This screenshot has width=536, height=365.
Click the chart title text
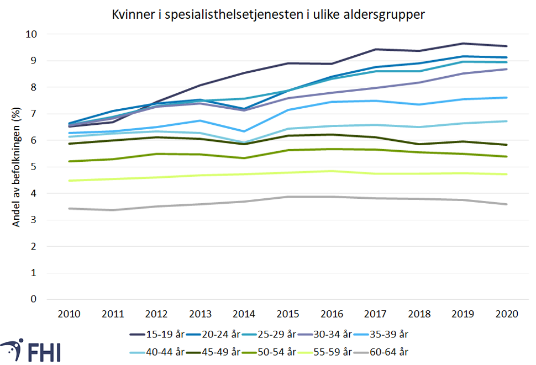pyautogui.click(x=268, y=15)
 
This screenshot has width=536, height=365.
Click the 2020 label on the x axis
pyautogui.click(x=506, y=314)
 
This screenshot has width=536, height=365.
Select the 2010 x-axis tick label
pyautogui.click(x=69, y=314)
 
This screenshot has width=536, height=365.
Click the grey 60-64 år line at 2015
pyautogui.click(x=288, y=197)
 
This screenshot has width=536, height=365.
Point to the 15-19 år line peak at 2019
pyautogui.click(x=463, y=44)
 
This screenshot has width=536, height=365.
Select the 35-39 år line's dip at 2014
pyautogui.click(x=244, y=131)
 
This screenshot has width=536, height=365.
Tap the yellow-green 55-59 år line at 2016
pyautogui.click(x=332, y=171)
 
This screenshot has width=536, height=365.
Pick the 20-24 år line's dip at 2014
pyautogui.click(x=244, y=109)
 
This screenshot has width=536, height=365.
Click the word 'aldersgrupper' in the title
pyautogui.click(x=388, y=15)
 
